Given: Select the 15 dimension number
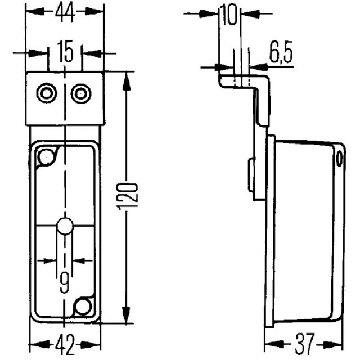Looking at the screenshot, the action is [x=65, y=51].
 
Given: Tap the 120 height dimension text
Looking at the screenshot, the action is [x=128, y=196].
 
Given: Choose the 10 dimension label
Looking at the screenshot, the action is [x=228, y=15].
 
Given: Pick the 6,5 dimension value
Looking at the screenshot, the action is [x=281, y=52].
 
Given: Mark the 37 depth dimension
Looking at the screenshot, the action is [x=304, y=344].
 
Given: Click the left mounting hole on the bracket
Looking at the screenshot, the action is [x=47, y=93].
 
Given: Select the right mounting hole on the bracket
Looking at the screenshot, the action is [x=81, y=93].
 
